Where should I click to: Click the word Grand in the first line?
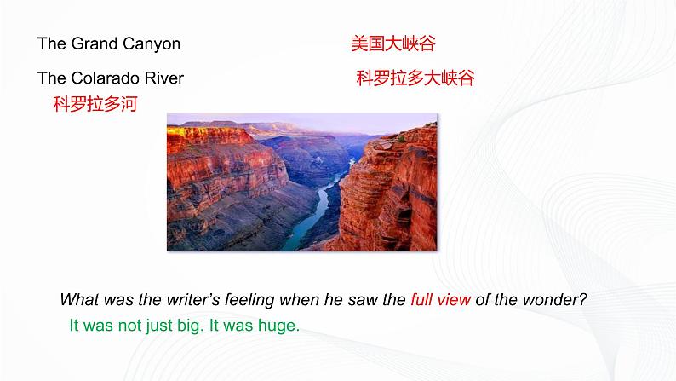(x=91, y=43)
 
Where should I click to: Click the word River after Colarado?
(x=163, y=78)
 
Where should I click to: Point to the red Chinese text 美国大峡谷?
(x=392, y=43)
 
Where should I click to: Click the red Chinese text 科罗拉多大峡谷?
(x=415, y=78)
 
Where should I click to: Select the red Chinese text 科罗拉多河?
(x=95, y=105)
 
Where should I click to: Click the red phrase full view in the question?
(x=440, y=300)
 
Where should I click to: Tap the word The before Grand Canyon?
(x=51, y=43)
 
